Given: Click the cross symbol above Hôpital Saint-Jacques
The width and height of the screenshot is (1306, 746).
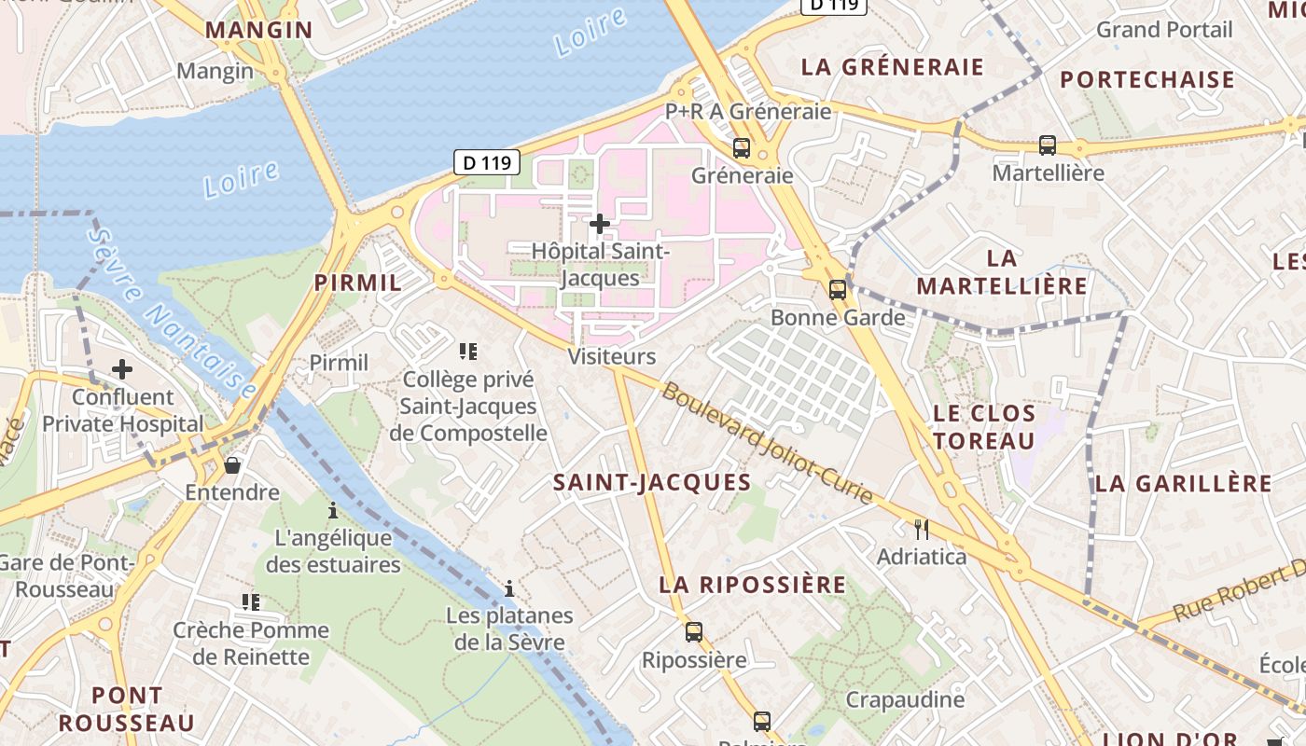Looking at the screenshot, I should pos(600,224).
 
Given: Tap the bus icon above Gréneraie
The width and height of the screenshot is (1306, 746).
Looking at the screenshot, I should pos(742,147).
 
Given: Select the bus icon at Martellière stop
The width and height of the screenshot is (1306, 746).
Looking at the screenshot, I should pos(1048,145).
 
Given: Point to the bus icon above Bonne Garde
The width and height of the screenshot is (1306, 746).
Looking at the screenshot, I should pos(838,289).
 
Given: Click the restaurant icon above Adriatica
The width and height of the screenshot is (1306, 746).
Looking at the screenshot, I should pos(922,530).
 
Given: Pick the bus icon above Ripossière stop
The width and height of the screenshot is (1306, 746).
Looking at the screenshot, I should pos(694,631).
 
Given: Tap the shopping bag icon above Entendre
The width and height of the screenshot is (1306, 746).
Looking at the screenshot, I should pos(232,464).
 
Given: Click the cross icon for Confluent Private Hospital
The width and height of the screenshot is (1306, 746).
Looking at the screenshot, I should pos(122,369).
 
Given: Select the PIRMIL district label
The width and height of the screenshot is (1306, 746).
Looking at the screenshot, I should pos(358,283).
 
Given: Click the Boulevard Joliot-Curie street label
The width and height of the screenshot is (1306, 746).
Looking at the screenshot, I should pos(768,442).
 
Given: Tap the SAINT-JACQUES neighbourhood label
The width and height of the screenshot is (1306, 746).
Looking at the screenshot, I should pos(652,482).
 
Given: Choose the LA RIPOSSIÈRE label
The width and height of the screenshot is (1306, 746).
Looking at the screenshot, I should pos(753,585).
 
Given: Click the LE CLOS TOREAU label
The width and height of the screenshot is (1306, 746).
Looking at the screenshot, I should pos(984,426).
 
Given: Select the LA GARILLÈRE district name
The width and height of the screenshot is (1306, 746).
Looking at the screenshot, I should pos(1184,483).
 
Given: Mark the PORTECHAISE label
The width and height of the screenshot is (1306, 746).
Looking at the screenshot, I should pos(1147,79).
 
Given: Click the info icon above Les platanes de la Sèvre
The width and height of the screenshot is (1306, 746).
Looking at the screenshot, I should pos(509,588).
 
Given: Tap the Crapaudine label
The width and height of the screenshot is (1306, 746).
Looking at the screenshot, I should pos(892,699).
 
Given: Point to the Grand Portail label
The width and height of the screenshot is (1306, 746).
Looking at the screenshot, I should pos(1164,30).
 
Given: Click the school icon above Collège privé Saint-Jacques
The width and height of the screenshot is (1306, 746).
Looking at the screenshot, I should pos(468,352).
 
